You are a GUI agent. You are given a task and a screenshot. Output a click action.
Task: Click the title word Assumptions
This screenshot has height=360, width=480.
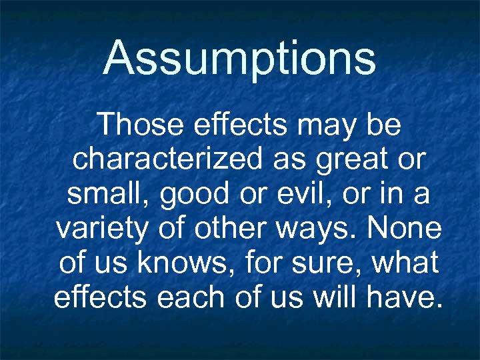click(x=239, y=58)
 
